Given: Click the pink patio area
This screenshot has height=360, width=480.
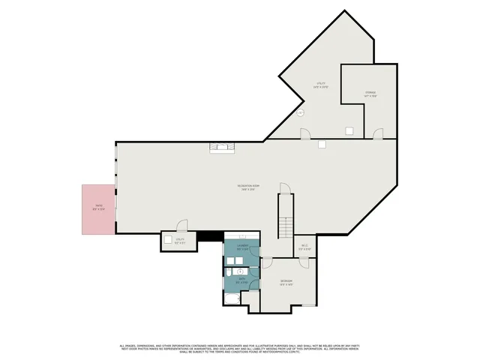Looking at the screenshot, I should click(x=98, y=209).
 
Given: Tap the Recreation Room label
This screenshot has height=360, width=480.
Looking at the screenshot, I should click(x=249, y=187).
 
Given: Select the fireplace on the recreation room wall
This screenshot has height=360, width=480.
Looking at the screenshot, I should click(x=222, y=147).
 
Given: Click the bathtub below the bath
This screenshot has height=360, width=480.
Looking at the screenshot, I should click(x=232, y=298).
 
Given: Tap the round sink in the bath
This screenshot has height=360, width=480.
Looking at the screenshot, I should click(x=239, y=271).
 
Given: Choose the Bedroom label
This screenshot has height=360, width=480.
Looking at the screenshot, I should click(x=286, y=283).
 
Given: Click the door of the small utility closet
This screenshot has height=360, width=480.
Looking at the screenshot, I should click(x=181, y=225).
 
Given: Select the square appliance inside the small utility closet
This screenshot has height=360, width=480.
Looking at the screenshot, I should click(x=166, y=241).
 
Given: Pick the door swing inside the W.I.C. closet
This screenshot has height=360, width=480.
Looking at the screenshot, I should click(x=304, y=262).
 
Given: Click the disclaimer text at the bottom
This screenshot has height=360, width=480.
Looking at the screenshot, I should click(x=240, y=348).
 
